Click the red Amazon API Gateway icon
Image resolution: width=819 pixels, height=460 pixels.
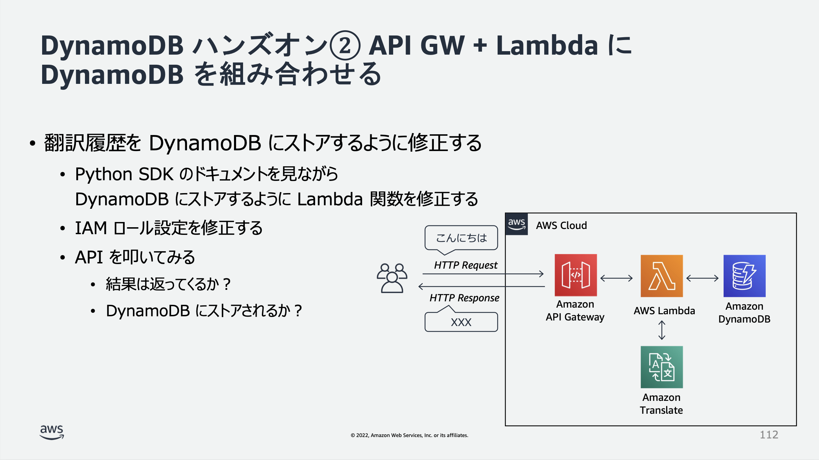(576, 275)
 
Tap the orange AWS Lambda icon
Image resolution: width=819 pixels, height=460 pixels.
(662, 276)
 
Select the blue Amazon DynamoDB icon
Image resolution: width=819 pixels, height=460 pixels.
(744, 276)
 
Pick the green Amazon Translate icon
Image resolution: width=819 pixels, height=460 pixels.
(662, 367)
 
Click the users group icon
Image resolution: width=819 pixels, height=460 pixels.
(392, 278)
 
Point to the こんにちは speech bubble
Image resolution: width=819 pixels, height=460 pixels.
(461, 238)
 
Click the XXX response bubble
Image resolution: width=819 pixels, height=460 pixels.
(461, 322)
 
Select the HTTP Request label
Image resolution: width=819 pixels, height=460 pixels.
(466, 265)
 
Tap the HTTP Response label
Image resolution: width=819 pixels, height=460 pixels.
(464, 298)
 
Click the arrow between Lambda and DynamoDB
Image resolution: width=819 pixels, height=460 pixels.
(702, 278)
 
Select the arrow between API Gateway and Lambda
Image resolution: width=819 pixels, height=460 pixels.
(616, 278)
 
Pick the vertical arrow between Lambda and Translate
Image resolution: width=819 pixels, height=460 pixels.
(662, 330)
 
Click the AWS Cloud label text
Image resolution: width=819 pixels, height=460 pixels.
(561, 225)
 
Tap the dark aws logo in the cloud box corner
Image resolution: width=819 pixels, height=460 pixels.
(516, 224)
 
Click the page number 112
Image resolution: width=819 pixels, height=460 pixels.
(769, 435)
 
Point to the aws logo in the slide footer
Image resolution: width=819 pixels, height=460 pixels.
(52, 432)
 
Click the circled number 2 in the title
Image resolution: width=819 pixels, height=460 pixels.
(345, 46)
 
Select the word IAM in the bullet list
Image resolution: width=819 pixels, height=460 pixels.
(91, 228)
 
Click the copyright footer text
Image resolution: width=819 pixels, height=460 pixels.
(409, 435)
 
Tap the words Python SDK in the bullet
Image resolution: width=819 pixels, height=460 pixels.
(124, 174)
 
